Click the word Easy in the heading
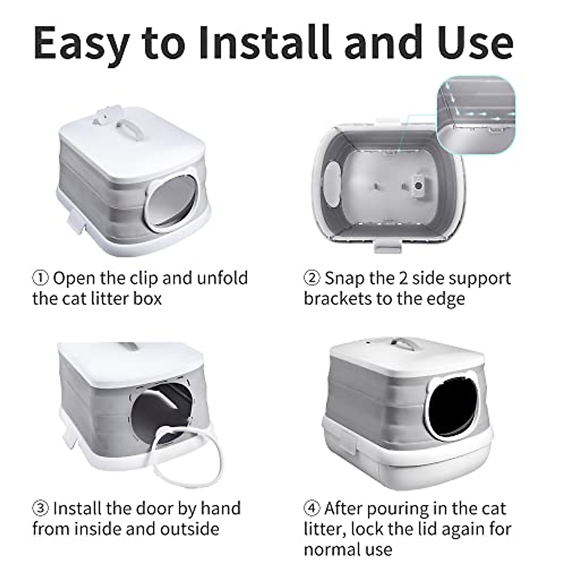tap(81, 43)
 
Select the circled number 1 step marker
tap(40, 278)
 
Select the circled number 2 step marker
tap(312, 278)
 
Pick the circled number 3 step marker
tap(40, 508)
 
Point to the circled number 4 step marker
tap(312, 508)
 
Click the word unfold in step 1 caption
tap(222, 278)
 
